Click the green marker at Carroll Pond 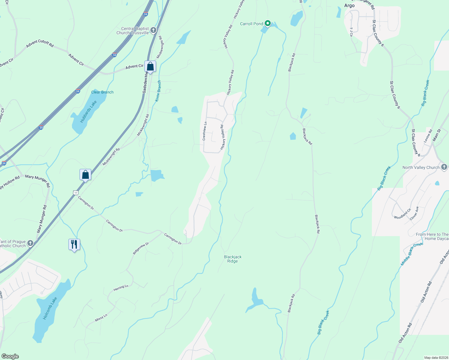tap(268, 23)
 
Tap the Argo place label tap(349, 5)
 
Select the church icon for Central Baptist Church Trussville tap(153, 30)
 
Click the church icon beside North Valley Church tap(444, 167)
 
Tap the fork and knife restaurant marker tap(74, 244)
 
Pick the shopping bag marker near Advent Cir tap(150, 67)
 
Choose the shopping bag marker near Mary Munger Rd tap(85, 175)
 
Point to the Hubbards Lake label tap(88, 112)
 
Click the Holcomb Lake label tap(50, 308)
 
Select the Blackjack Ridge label tap(233, 259)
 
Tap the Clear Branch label tap(102, 92)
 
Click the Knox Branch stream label tap(158, 91)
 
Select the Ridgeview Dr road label tap(141, 248)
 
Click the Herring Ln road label tap(121, 288)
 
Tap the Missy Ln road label tap(101, 318)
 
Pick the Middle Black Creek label tap(412, 254)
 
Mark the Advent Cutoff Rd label tap(40, 43)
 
